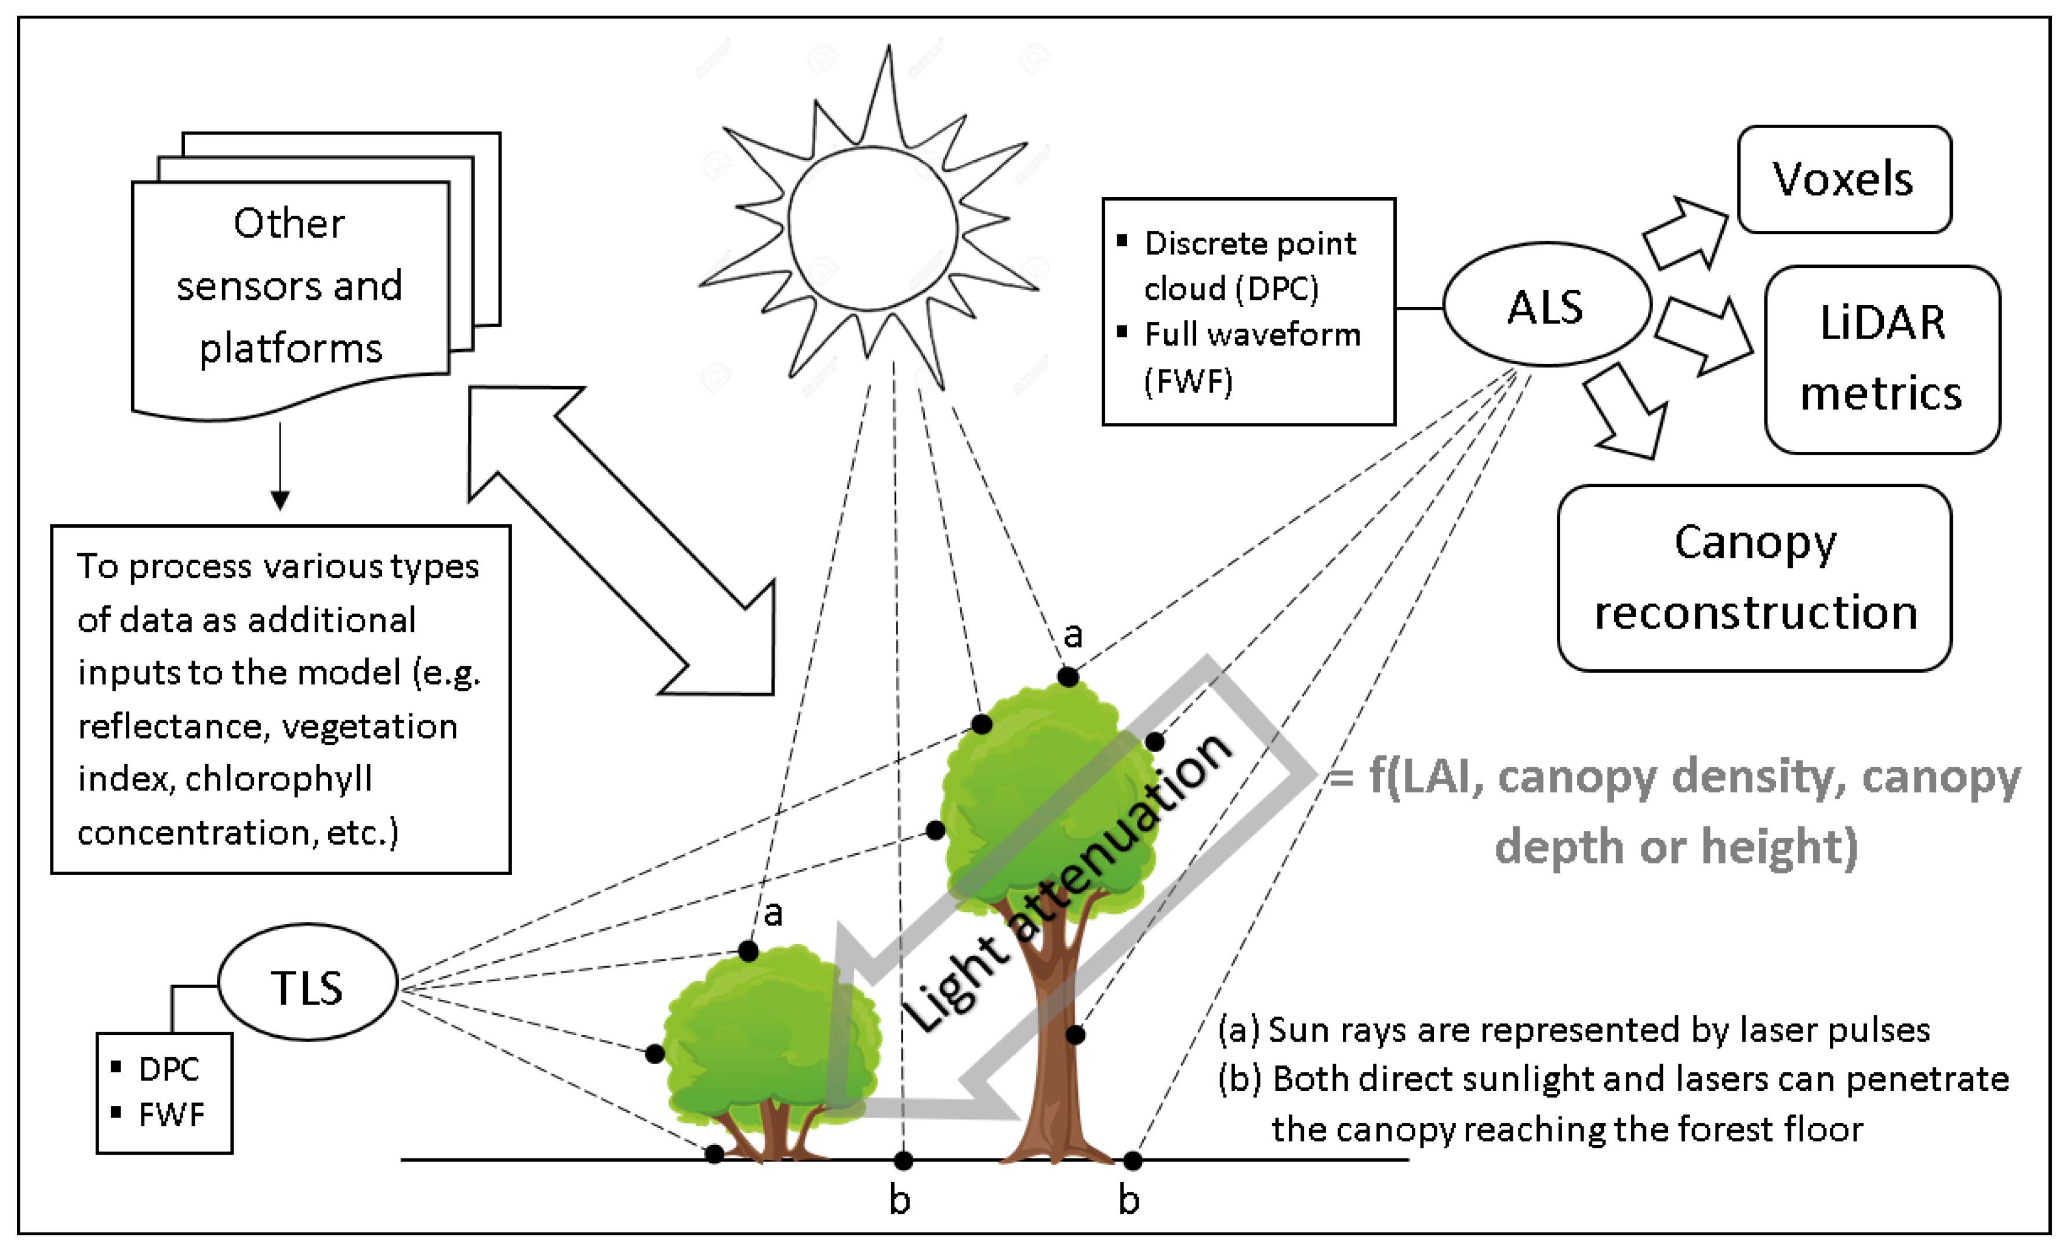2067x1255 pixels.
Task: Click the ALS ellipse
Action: tap(1546, 306)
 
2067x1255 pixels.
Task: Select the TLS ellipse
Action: tap(307, 983)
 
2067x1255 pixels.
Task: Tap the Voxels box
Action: tap(1844, 180)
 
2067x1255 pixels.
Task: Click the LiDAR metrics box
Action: tap(1881, 359)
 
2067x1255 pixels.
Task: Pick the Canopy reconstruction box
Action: tap(1754, 578)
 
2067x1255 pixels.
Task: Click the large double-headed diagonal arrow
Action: tap(621, 541)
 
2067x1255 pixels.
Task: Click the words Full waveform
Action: tap(1252, 335)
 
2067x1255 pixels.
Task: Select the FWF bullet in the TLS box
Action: tap(171, 1115)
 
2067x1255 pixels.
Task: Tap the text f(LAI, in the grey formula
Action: tap(1426, 775)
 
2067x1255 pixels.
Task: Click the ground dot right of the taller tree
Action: tap(1132, 1160)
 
